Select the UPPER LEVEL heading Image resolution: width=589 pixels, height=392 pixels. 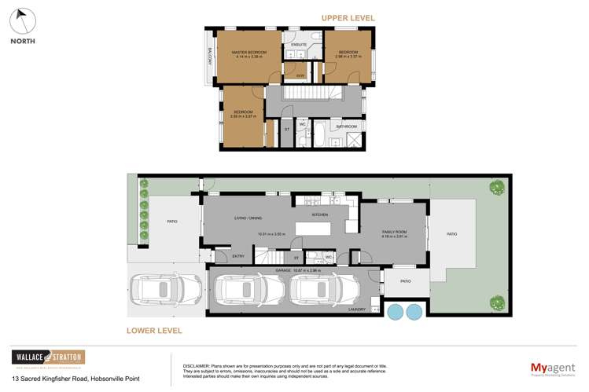point(348,18)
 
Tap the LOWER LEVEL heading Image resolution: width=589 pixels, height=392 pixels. point(154,331)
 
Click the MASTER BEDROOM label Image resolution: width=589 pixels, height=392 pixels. point(248,53)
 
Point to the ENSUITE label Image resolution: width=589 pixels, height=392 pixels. point(299,46)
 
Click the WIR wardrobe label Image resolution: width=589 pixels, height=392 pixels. point(300,75)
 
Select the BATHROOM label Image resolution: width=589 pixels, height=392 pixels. point(346,126)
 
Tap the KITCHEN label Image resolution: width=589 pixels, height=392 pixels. point(320,214)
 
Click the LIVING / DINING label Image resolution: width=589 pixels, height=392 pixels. point(248,218)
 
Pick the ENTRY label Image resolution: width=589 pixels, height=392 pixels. point(238,256)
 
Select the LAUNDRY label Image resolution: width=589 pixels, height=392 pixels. point(357,309)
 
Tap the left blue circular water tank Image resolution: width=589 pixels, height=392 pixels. point(395,312)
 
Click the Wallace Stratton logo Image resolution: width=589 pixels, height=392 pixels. point(48,358)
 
